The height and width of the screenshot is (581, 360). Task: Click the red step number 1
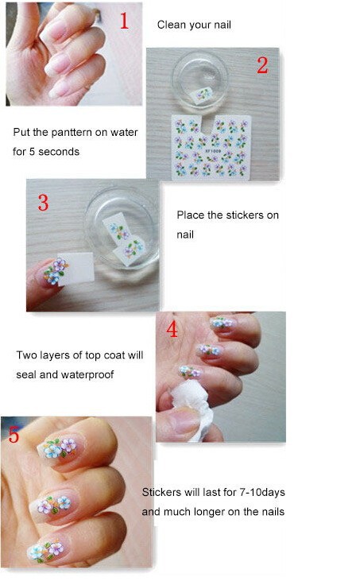125,21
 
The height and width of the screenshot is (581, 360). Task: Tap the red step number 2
262,65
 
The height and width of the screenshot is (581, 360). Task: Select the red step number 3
44,203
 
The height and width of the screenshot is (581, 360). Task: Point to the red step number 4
172,329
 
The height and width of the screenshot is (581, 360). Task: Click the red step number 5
14,434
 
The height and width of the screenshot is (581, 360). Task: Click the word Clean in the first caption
170,25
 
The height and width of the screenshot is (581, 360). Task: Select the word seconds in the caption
59,152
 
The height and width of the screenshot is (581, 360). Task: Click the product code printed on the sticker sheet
214,151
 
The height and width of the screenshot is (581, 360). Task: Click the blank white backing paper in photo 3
77,268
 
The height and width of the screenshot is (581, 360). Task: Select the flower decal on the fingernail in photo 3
56,272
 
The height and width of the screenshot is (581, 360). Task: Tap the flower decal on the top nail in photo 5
58,447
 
